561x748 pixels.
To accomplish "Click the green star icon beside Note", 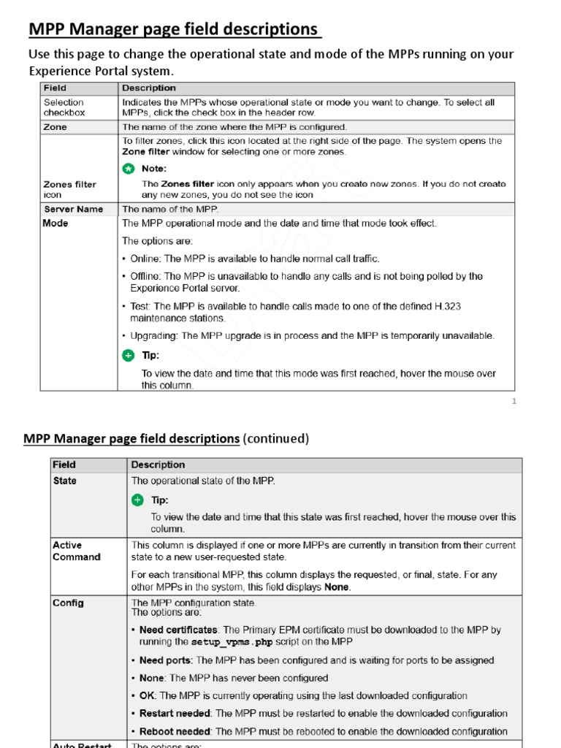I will pos(129,168).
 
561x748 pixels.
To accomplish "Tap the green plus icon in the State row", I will pos(138,500).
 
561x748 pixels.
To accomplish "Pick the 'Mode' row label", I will pos(56,224).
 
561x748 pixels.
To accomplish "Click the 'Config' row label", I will pos(68,603).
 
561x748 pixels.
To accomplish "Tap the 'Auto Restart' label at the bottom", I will pos(82,744).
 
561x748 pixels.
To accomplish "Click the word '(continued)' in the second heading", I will pos(276,438).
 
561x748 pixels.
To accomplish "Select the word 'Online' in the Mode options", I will pos(145,259).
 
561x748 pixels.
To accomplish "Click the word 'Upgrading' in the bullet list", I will pos(153,336).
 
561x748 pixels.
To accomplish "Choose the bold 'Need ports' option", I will pos(166,660).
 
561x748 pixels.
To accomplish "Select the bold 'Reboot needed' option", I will pos(175,731).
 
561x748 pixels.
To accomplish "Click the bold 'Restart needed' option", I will pos(175,714).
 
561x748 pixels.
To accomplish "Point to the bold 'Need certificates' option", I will pos(178,630).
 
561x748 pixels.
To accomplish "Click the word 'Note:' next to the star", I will pos(154,169).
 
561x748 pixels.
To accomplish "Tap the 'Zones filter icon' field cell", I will pos(70,189).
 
